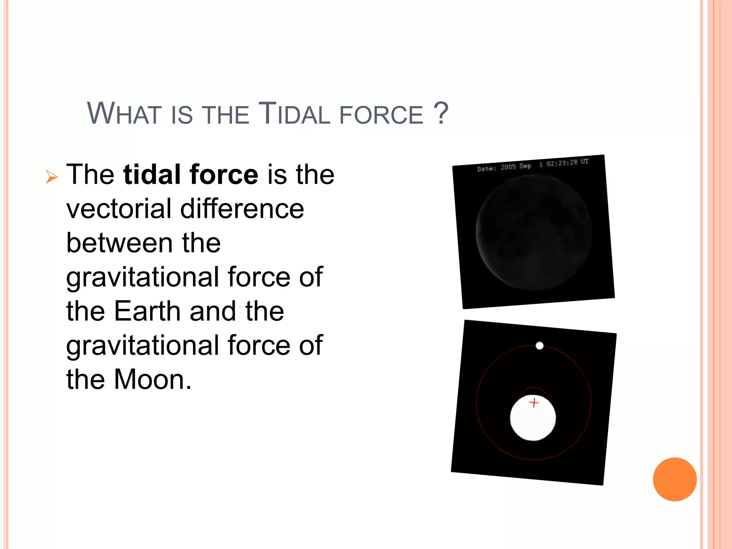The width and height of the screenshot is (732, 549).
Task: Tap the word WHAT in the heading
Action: click(123, 114)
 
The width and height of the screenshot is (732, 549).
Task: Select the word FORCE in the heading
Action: click(381, 115)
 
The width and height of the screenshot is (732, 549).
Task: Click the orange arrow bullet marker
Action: click(51, 177)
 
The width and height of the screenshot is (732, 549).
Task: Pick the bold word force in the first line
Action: click(224, 174)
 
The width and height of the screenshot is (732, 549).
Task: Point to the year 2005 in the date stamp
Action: click(508, 167)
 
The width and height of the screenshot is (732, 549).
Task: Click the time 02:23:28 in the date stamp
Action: click(562, 163)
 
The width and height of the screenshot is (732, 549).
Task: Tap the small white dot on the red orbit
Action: click(540, 346)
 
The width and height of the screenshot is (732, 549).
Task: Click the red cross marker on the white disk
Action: click(534, 403)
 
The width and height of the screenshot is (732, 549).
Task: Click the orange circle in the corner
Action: click(674, 479)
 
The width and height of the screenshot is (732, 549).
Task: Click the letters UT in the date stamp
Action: click(584, 162)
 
